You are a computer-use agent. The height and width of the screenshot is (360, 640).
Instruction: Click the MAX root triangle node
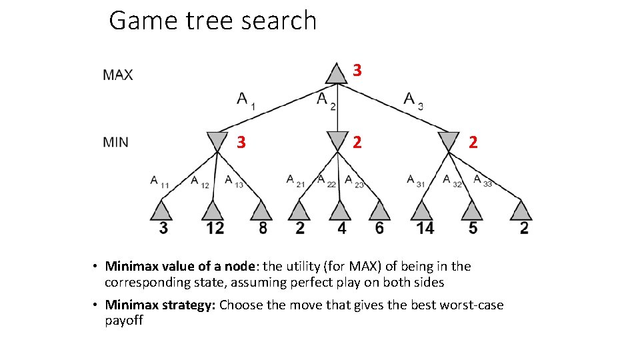click(337, 74)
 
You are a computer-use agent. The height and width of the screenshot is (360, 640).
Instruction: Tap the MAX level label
click(118, 75)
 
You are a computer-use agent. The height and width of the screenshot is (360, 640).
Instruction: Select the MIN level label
click(116, 142)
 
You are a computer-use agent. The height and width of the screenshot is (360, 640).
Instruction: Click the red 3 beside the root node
click(357, 69)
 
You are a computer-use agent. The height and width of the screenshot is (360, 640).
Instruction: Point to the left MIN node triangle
click(217, 141)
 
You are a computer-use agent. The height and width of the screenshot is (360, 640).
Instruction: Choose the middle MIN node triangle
click(338, 141)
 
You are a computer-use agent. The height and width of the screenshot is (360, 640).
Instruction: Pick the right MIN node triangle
click(449, 141)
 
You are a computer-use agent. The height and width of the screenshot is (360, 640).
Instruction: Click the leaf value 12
click(214, 228)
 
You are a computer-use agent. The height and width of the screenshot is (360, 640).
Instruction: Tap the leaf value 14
click(424, 228)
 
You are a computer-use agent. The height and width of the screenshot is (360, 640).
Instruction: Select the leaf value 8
click(263, 228)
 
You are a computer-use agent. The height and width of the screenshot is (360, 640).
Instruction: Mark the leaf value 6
click(379, 228)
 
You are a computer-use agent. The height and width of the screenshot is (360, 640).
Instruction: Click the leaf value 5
click(473, 228)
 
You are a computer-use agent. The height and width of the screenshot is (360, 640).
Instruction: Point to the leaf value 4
click(341, 228)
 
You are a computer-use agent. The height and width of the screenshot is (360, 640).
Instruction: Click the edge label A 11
click(159, 181)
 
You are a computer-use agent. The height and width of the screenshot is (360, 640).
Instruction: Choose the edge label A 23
click(354, 181)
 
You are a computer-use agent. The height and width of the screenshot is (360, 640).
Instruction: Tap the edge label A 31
click(415, 181)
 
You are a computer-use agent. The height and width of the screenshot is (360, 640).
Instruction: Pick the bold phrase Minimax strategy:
click(160, 305)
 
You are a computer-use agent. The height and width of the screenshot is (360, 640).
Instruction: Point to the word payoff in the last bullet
click(124, 321)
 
